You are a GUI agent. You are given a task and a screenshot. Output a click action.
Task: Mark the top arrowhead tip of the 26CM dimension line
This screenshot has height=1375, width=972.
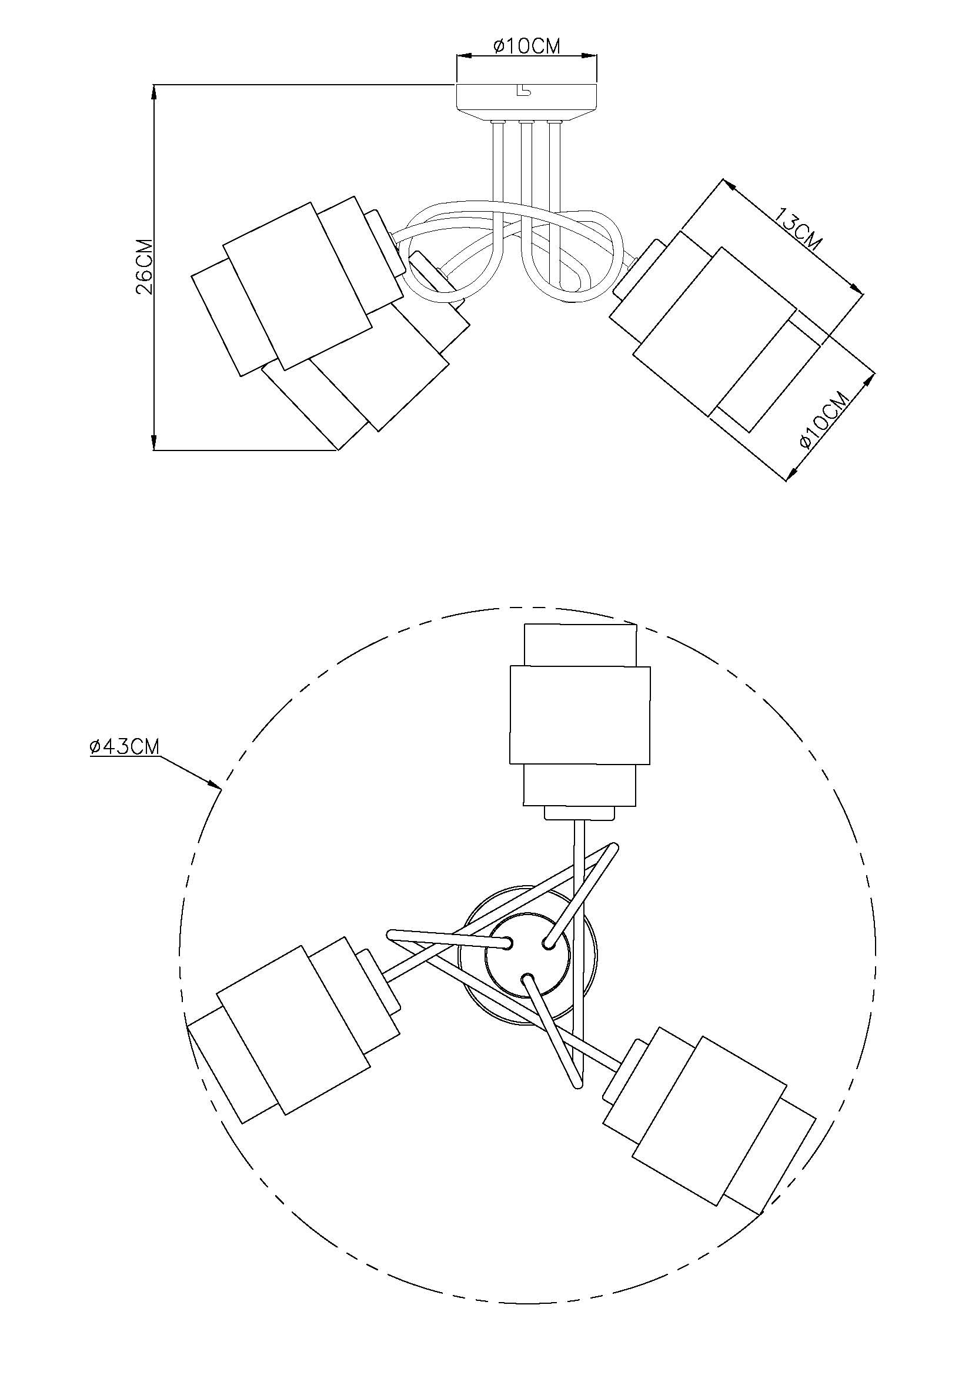(155, 86)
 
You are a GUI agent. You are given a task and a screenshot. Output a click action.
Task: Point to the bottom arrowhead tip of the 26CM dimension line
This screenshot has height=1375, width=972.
(155, 450)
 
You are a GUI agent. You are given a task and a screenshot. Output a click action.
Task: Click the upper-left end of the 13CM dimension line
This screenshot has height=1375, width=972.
(723, 179)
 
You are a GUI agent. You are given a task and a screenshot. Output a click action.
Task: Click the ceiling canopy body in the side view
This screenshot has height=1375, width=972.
(527, 101)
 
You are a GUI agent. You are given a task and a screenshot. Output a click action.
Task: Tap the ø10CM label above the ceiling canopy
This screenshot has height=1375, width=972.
(526, 46)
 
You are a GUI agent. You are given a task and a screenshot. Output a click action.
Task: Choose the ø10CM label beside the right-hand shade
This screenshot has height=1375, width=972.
(825, 420)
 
